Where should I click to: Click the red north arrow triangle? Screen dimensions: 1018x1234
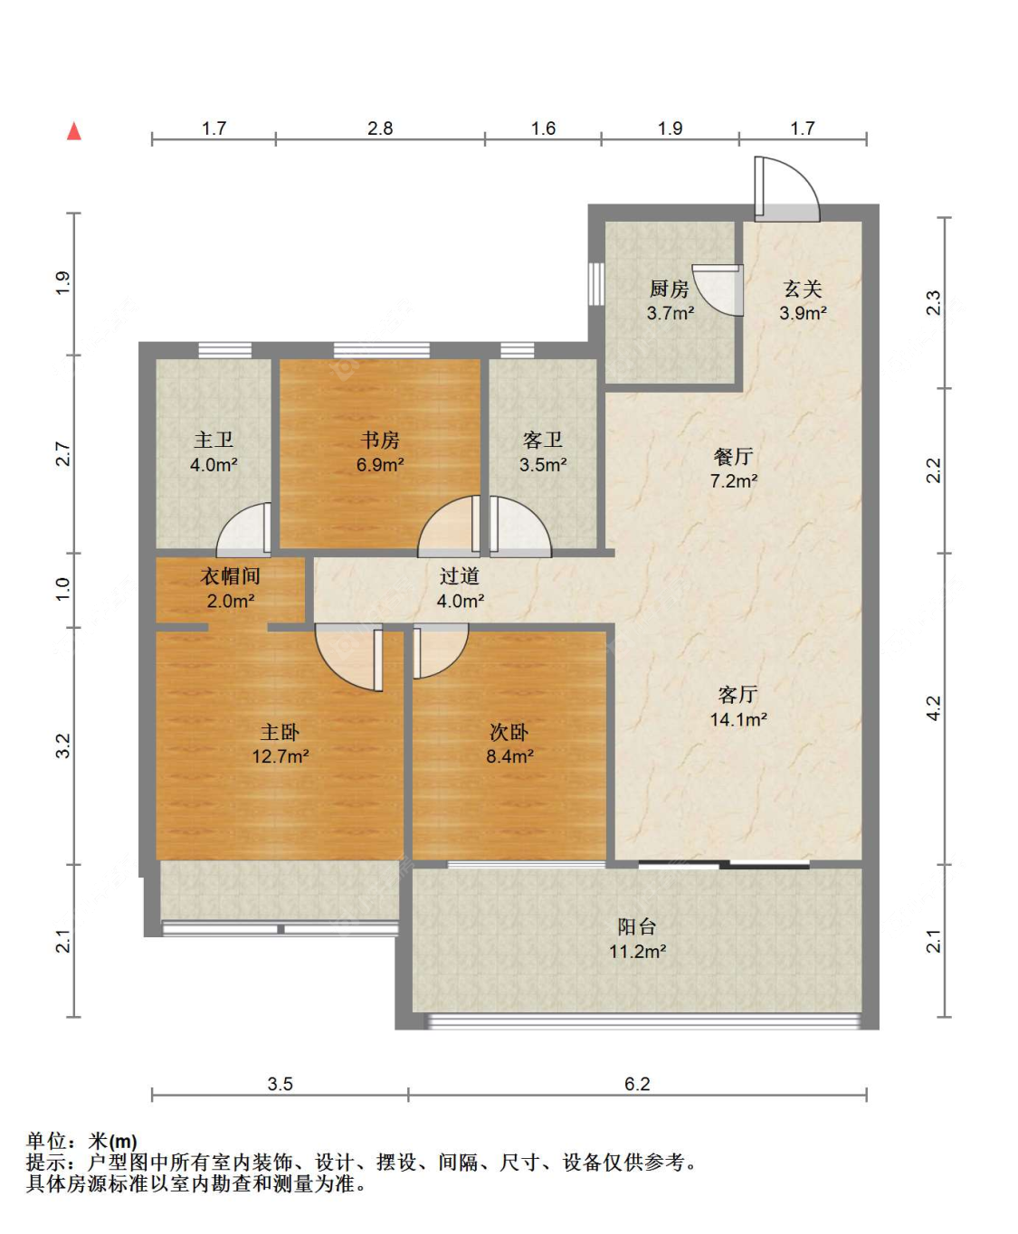tap(74, 131)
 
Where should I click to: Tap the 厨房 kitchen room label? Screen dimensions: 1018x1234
tap(670, 289)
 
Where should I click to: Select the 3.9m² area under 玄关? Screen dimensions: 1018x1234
tap(803, 313)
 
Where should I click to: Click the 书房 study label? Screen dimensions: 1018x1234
tap(380, 440)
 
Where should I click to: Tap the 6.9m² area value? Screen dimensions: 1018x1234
tap(380, 464)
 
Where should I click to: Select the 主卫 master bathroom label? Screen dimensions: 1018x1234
tap(214, 440)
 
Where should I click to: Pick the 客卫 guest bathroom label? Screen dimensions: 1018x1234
tap(543, 440)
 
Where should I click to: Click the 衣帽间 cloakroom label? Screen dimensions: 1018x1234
tap(231, 575)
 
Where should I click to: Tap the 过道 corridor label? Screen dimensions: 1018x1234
tap(460, 575)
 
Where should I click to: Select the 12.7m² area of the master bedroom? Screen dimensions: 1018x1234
tap(281, 756)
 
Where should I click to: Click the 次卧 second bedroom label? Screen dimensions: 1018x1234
tap(509, 732)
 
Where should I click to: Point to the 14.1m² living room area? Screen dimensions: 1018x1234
tap(738, 719)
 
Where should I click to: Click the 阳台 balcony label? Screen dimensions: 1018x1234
tap(637, 926)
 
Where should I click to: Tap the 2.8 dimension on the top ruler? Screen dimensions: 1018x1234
tap(380, 128)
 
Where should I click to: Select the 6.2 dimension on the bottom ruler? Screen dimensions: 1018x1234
tap(637, 1084)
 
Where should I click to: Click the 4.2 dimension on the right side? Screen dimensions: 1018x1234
tap(933, 707)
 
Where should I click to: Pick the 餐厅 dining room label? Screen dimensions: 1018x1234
tap(734, 456)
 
